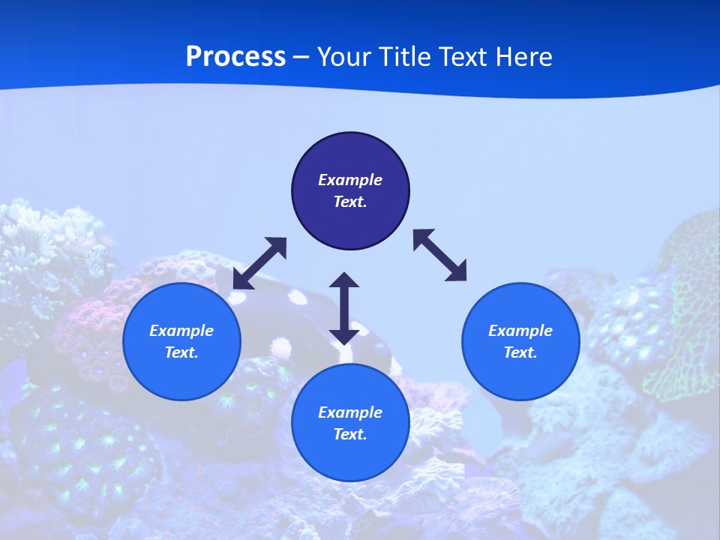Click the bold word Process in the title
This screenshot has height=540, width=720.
(x=235, y=57)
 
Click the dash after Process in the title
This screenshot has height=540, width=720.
(x=301, y=58)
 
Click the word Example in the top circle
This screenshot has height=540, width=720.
(x=350, y=180)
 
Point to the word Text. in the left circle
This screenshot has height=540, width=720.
(x=181, y=352)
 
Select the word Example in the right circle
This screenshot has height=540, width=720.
(x=520, y=331)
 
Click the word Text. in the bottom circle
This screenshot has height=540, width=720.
(x=350, y=434)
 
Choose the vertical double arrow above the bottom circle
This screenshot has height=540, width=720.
(x=344, y=308)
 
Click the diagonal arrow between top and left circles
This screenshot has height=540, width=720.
(x=259, y=263)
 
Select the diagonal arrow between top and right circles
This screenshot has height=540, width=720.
(x=439, y=255)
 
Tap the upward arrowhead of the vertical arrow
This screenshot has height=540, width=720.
(x=344, y=281)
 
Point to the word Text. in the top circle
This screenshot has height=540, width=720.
(x=350, y=202)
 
